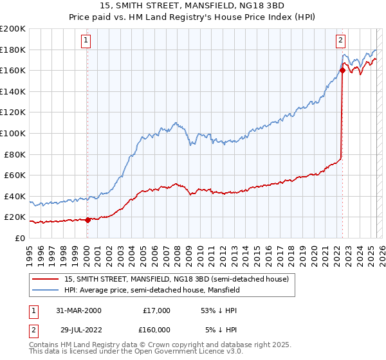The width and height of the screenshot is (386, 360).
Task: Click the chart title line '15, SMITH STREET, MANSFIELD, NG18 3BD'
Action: pos(192,6)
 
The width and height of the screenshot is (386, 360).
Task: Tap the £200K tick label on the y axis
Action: pos(13,29)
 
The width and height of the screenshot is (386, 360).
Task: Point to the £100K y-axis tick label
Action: pos(13,133)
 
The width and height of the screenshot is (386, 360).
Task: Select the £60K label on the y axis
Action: pos(15,175)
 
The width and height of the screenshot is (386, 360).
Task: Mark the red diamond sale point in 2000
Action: pos(87,220)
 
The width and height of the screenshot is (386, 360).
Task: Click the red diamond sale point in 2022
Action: pos(342,71)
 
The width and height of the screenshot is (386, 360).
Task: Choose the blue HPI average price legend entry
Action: pos(152,290)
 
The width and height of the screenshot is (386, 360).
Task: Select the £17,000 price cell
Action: pos(156,310)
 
